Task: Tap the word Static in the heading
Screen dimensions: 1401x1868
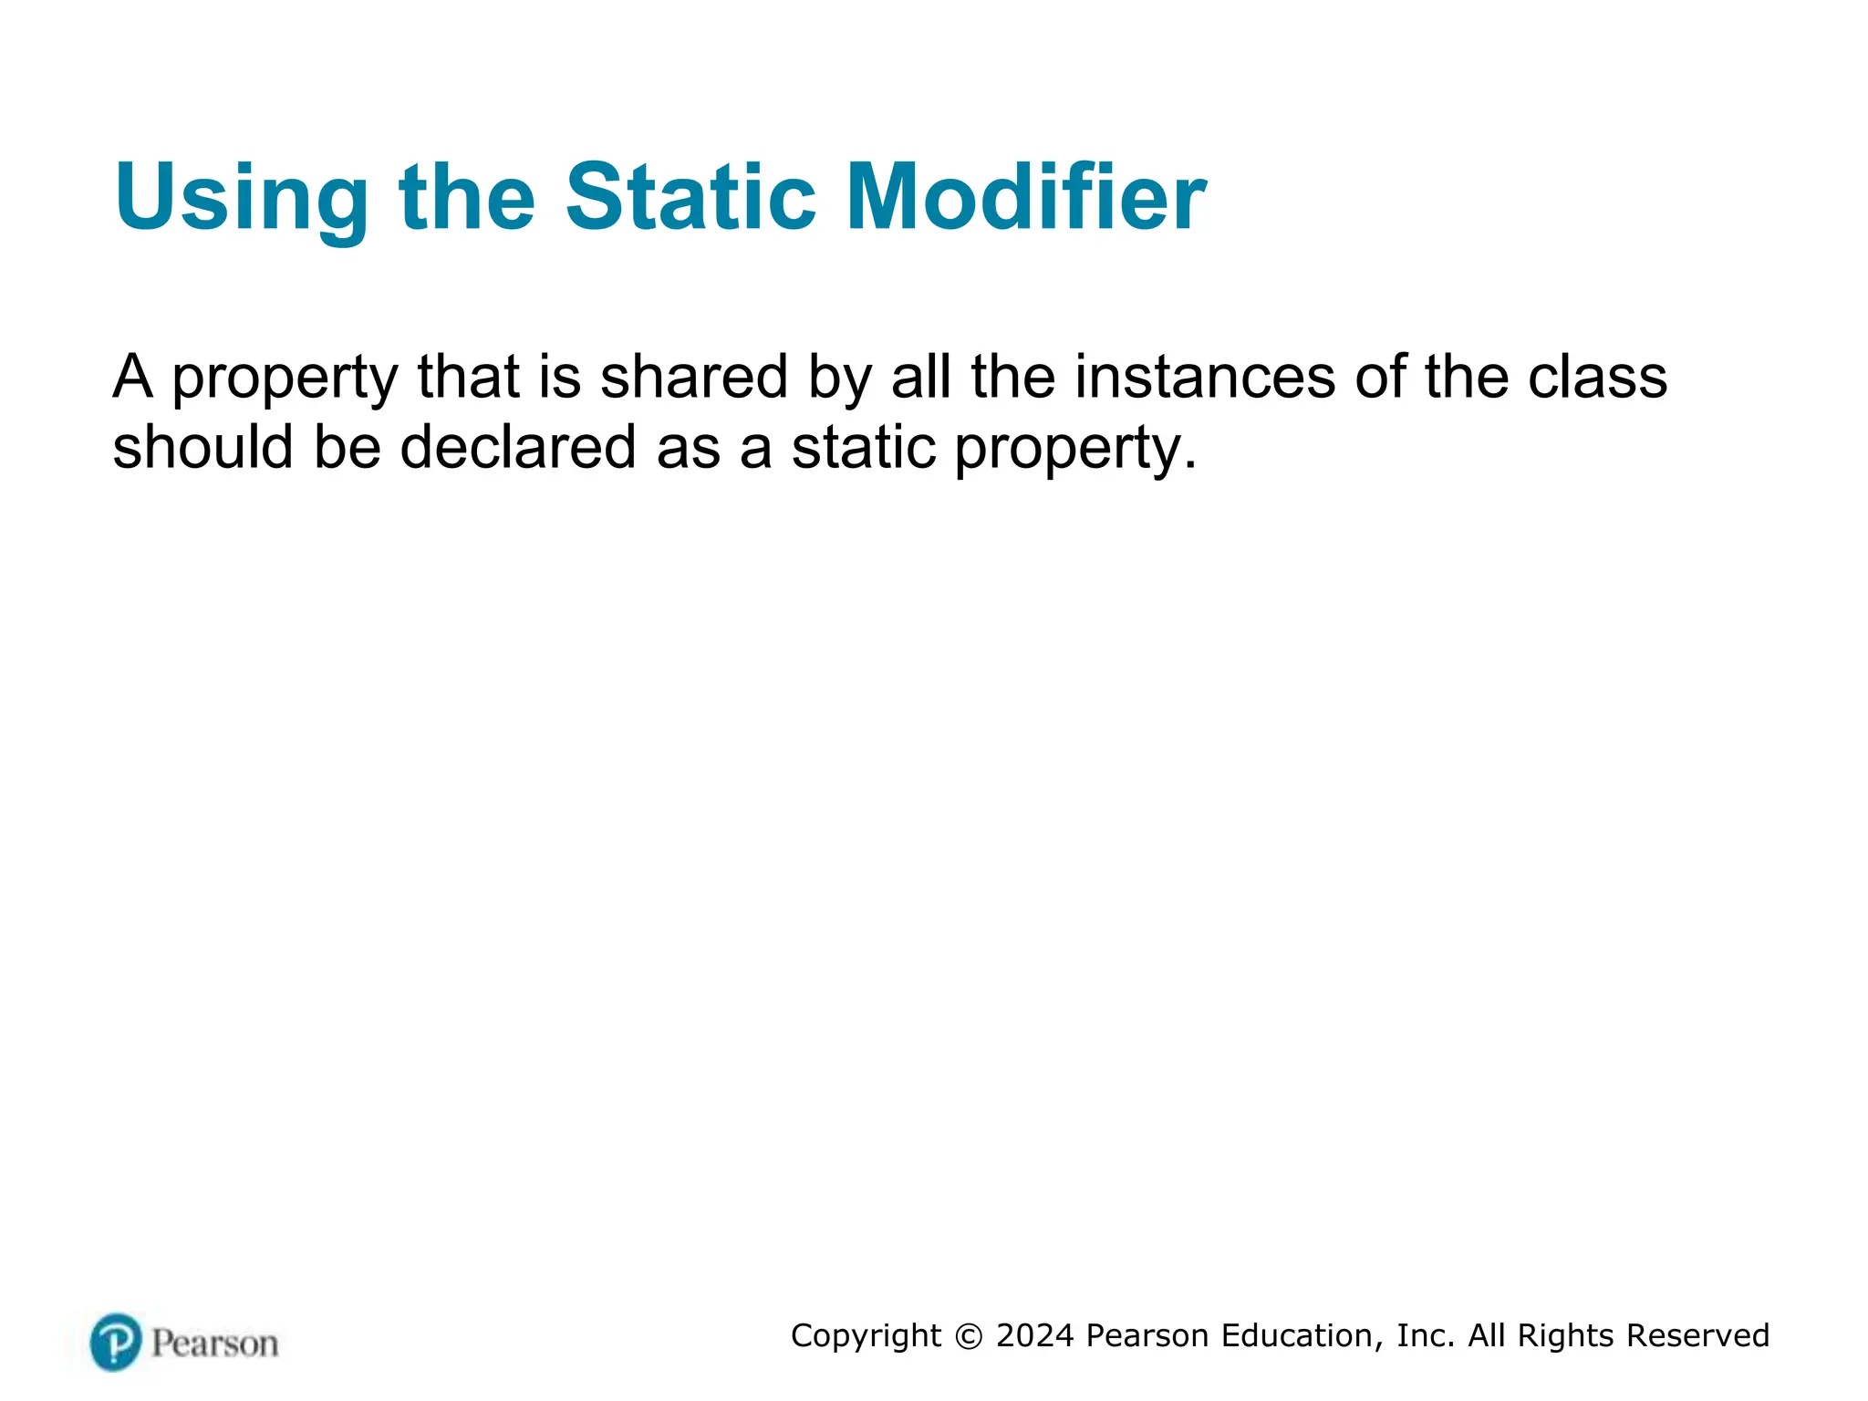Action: [690, 197]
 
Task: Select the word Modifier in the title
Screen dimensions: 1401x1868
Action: [1026, 197]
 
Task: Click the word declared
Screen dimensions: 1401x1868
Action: [517, 447]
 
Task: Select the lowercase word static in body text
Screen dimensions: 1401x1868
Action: [863, 447]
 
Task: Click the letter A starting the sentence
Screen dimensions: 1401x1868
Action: [133, 377]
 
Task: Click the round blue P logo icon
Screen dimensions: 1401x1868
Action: [116, 1342]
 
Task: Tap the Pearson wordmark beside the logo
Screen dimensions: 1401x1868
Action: [214, 1344]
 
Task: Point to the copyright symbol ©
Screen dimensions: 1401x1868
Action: [969, 1336]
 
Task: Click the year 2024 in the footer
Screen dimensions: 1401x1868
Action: [1035, 1335]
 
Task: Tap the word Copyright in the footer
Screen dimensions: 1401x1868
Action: [866, 1336]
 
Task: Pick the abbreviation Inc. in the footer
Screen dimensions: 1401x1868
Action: [1425, 1335]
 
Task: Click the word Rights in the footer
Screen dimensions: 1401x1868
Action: [1565, 1336]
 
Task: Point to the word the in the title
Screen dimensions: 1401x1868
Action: [467, 197]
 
